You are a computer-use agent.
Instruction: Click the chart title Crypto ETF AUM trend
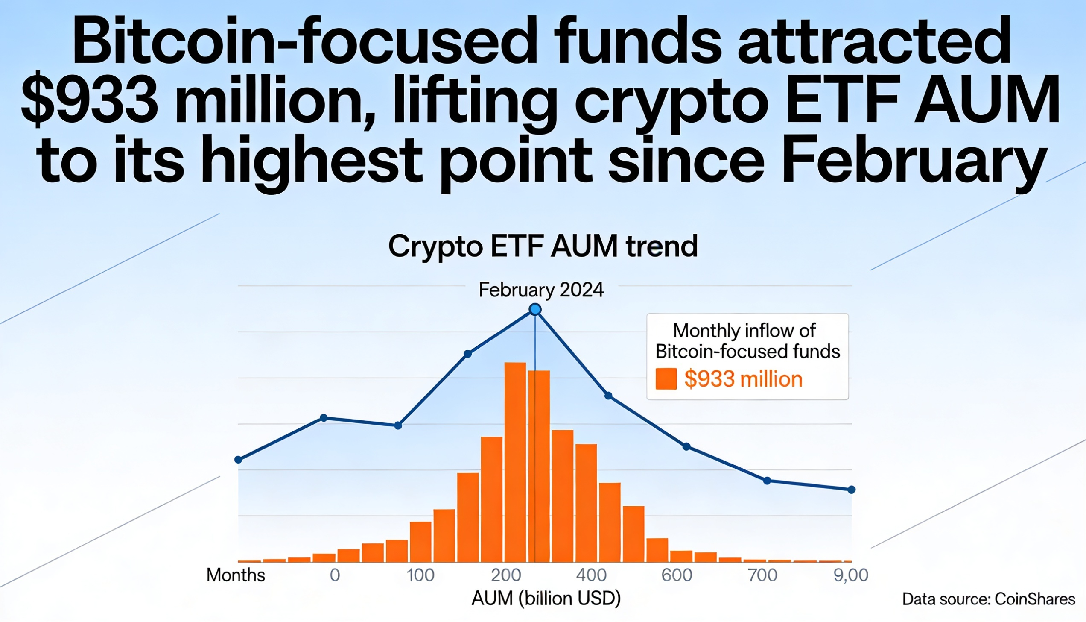[543, 246]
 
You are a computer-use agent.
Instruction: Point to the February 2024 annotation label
[541, 290]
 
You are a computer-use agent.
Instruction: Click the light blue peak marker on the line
[535, 309]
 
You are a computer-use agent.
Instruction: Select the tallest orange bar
[515, 461]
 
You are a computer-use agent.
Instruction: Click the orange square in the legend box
[666, 379]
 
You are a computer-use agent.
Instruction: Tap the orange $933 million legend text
[743, 379]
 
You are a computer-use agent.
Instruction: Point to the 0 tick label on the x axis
[335, 575]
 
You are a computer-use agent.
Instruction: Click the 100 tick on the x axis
[420, 575]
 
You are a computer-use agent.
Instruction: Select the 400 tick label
[591, 575]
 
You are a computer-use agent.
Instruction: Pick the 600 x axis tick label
[677, 575]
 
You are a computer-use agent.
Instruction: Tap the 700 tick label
[762, 575]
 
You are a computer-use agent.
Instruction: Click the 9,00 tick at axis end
[851, 575]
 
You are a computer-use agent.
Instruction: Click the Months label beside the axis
[236, 575]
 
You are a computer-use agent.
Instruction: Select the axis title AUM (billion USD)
[546, 599]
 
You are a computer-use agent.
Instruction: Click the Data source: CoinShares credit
[988, 599]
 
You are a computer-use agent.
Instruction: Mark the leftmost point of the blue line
[239, 460]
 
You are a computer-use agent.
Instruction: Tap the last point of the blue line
[851, 490]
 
